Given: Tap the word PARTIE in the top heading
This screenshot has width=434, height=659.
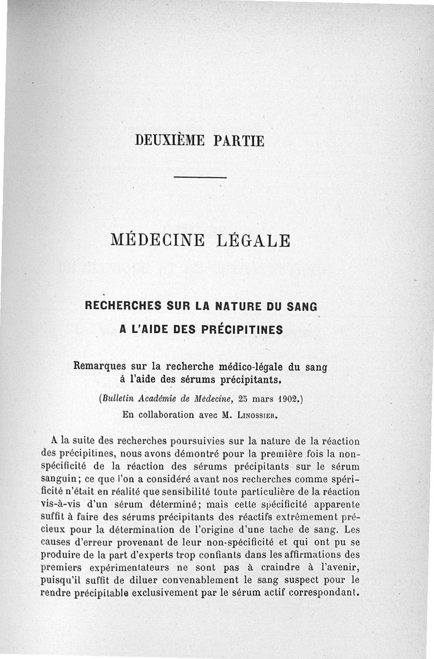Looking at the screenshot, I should [x=239, y=141].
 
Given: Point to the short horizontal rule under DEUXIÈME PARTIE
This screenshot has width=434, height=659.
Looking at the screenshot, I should [x=200, y=177].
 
